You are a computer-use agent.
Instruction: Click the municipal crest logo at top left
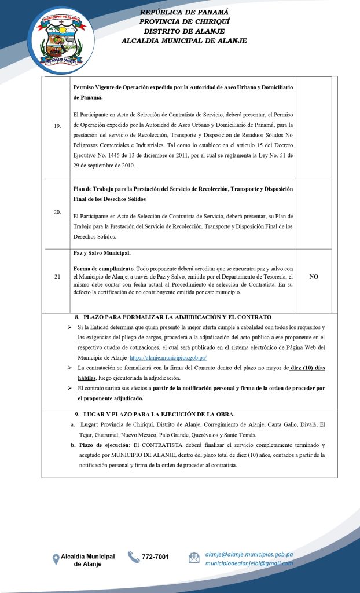(60, 40)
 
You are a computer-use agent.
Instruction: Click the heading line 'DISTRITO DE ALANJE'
(184, 31)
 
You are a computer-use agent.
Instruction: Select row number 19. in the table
(57, 127)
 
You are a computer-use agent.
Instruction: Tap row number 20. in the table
(57, 212)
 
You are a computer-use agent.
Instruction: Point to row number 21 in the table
(57, 277)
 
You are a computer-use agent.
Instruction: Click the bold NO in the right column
(314, 277)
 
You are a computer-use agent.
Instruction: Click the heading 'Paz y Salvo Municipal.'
(102, 253)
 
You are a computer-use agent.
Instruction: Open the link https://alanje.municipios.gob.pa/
(168, 358)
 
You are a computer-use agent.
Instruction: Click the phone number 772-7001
(156, 557)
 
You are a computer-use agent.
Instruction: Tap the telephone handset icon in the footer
(134, 557)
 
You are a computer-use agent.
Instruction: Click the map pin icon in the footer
(56, 559)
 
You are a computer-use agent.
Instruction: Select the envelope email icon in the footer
(194, 558)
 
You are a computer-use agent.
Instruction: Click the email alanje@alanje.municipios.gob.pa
(249, 554)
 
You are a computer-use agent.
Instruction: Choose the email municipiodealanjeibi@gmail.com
(249, 563)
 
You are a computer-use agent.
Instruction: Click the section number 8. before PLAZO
(77, 317)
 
